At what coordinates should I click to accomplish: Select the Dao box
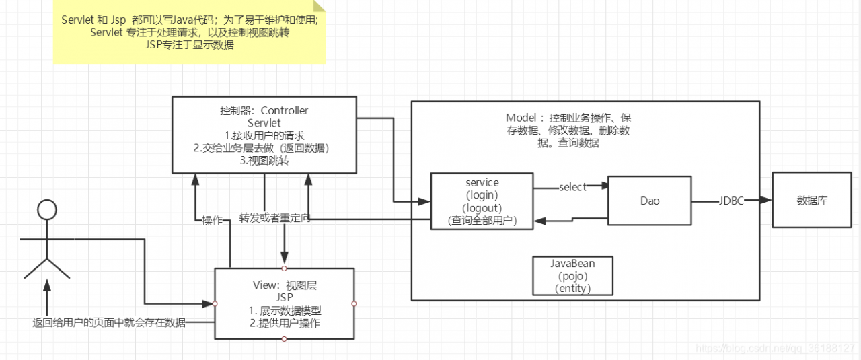pyautogui.click(x=650, y=201)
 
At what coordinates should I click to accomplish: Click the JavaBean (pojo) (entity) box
pyautogui.click(x=572, y=276)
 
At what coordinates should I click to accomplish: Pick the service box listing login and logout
pyautogui.click(x=482, y=201)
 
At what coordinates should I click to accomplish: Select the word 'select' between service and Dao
pyautogui.click(x=572, y=187)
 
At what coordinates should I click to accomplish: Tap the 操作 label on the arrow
pyautogui.click(x=213, y=220)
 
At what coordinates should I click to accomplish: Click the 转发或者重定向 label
pyautogui.click(x=274, y=219)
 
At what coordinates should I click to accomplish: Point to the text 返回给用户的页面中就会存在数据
pyautogui.click(x=109, y=322)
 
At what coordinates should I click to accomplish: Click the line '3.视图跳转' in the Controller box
pyautogui.click(x=264, y=160)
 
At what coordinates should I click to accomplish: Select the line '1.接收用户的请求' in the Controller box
pyautogui.click(x=264, y=135)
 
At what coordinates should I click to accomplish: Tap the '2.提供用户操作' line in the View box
pyautogui.click(x=285, y=323)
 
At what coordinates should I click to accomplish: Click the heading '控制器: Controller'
pyautogui.click(x=264, y=110)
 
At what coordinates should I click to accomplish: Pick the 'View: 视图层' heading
pyautogui.click(x=285, y=285)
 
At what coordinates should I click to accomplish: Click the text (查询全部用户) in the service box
pyautogui.click(x=482, y=220)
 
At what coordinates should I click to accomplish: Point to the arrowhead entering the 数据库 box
pyautogui.click(x=767, y=201)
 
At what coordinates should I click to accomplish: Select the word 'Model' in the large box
pyautogui.click(x=521, y=118)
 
